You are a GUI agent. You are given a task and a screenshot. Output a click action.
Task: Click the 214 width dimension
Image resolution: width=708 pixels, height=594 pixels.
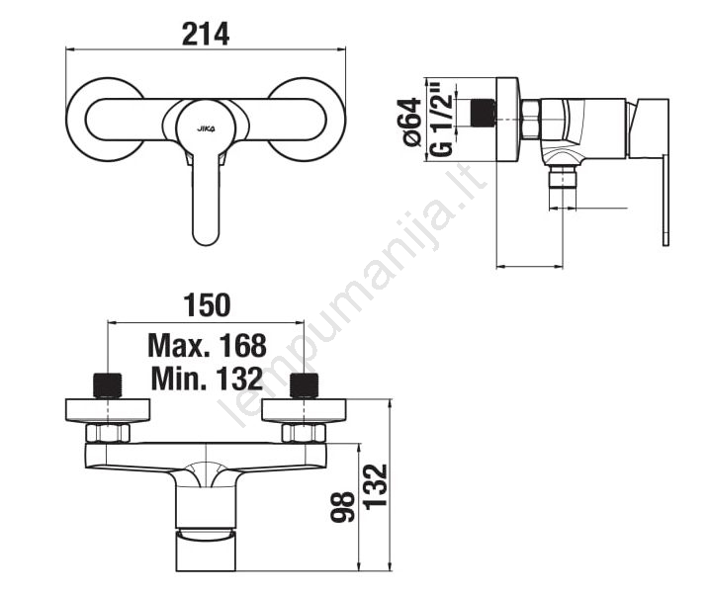pyautogui.click(x=206, y=35)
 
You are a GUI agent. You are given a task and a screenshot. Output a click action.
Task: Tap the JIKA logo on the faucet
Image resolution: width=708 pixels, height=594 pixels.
pyautogui.click(x=206, y=128)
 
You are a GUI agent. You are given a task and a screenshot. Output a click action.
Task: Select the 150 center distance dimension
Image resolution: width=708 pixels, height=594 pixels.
pyautogui.click(x=207, y=305)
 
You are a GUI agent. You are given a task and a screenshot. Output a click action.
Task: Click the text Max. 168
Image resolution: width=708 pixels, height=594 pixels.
pyautogui.click(x=208, y=346)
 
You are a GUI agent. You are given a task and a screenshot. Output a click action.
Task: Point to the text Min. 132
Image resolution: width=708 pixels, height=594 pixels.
pyautogui.click(x=208, y=379)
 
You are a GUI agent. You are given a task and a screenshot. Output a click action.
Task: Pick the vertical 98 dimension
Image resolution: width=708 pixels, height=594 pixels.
pyautogui.click(x=343, y=507)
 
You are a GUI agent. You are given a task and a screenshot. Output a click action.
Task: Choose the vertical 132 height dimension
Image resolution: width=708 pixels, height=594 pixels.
pyautogui.click(x=376, y=487)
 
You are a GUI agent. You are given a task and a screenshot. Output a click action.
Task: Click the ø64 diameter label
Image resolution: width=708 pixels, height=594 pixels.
pyautogui.click(x=411, y=122)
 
